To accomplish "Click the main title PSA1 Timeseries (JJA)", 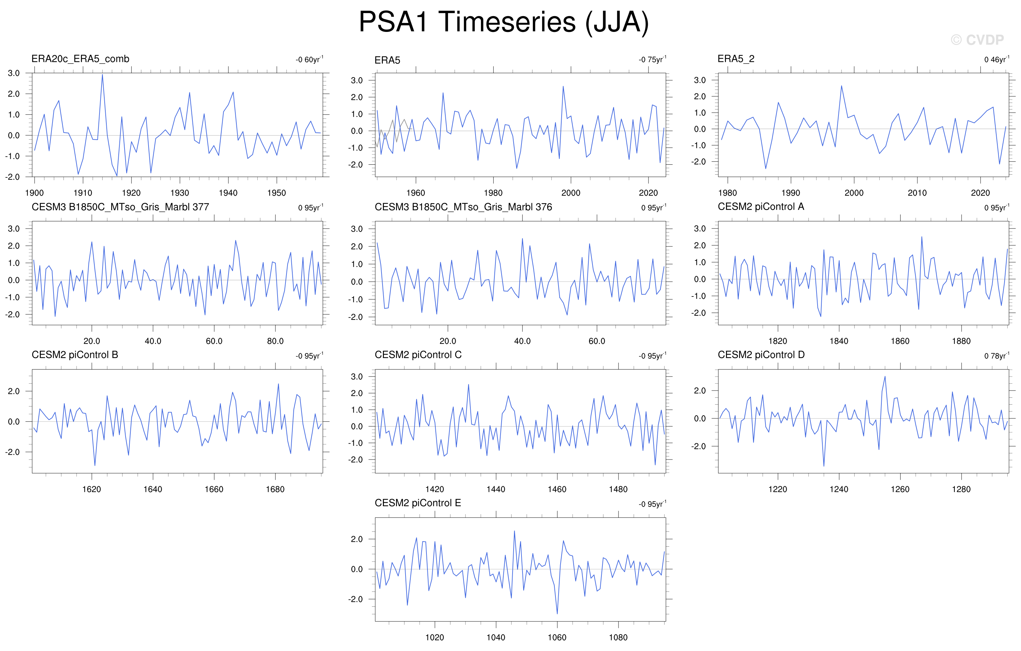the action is [504, 22].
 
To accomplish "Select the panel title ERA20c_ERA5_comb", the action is [80, 59].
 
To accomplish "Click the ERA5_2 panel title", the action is [736, 59].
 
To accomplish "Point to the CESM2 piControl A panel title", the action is [761, 207].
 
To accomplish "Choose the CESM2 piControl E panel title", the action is [418, 503].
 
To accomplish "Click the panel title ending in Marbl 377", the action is [120, 207].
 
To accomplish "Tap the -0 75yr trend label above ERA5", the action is [653, 59].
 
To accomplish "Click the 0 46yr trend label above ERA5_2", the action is [997, 59].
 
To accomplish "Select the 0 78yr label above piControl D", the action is [997, 356].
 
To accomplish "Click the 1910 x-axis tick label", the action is [83, 193].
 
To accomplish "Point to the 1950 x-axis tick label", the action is [277, 193].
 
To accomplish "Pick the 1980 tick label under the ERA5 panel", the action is [493, 193].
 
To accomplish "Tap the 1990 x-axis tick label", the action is [791, 193].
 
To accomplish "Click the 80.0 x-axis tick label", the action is [275, 341].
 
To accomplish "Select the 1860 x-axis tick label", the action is [900, 341].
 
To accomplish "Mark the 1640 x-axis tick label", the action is [153, 489].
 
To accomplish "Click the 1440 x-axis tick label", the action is [496, 489].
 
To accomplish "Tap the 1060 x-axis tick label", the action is [557, 637].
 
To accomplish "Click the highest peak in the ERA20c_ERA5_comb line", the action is [102, 75].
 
